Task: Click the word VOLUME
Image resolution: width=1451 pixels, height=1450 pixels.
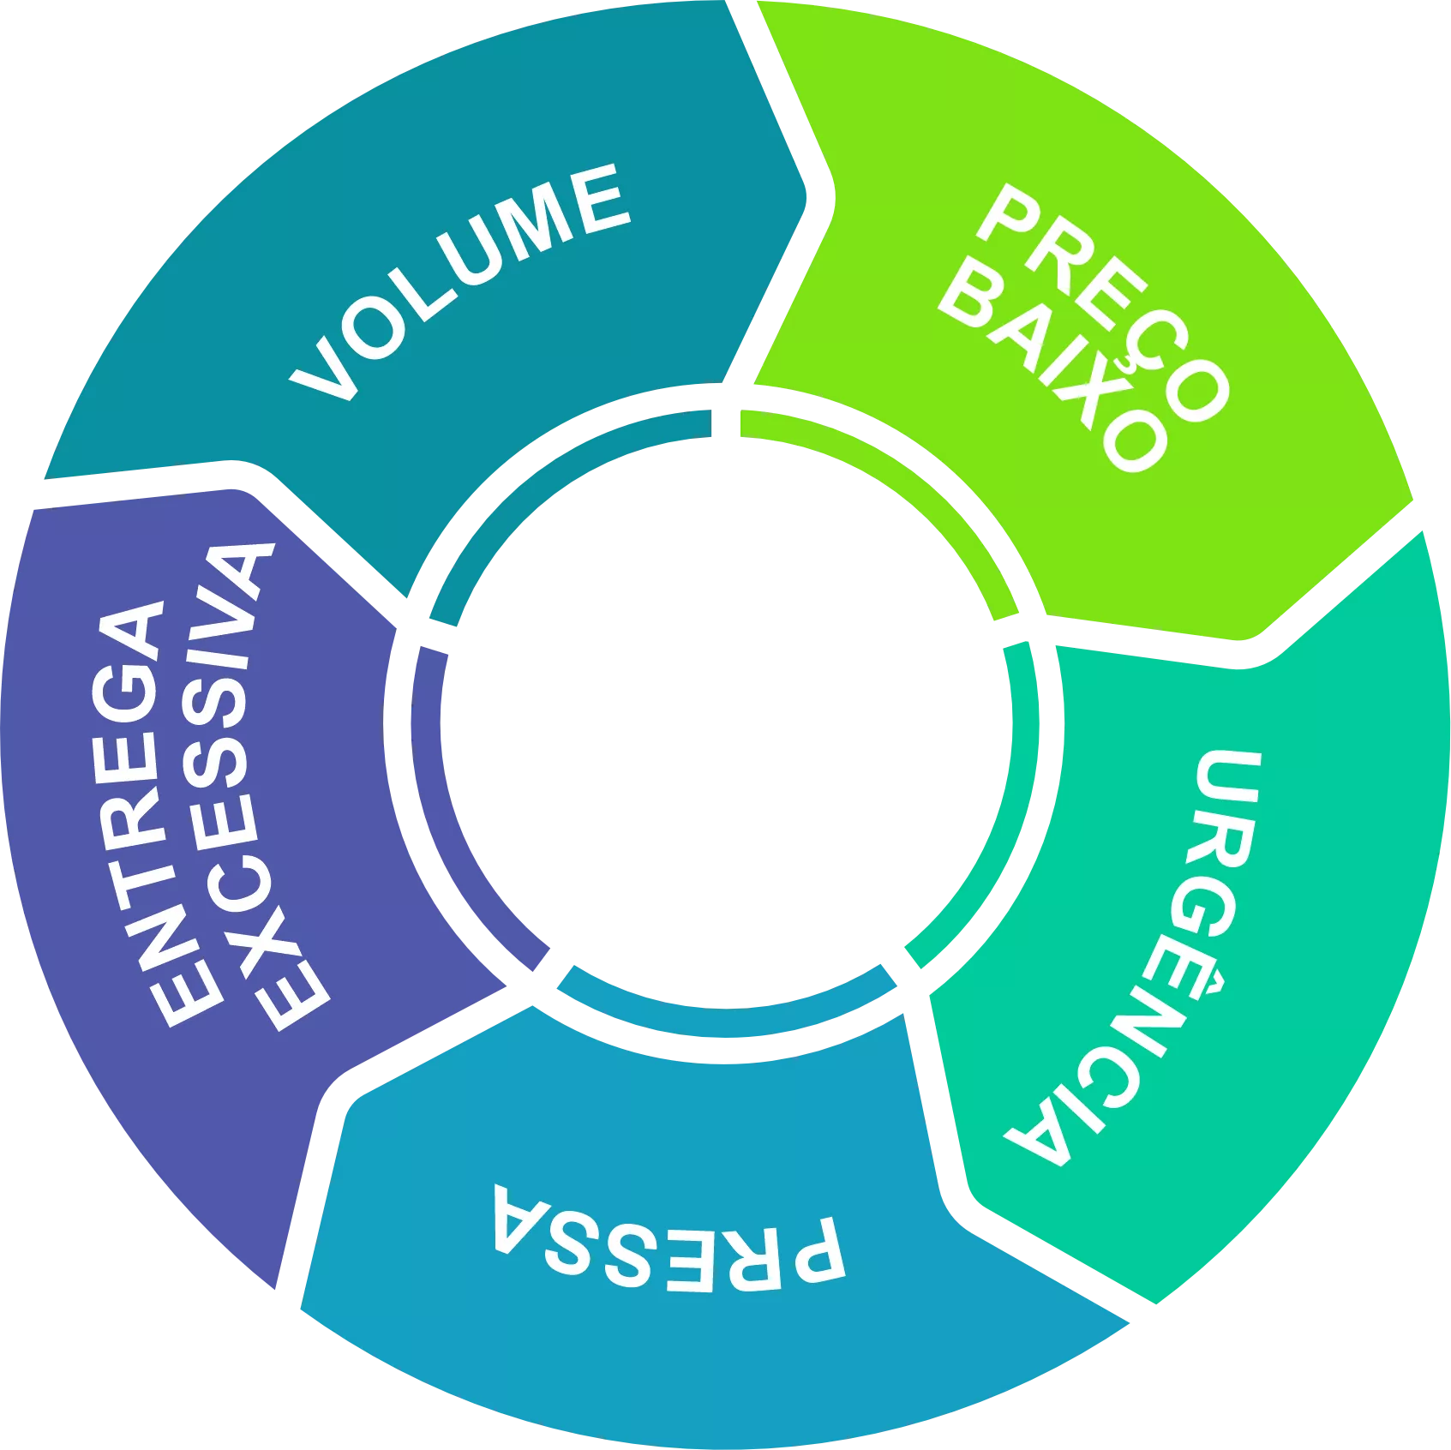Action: pyautogui.click(x=459, y=283)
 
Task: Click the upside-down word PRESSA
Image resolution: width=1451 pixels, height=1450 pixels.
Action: pyautogui.click(x=669, y=1243)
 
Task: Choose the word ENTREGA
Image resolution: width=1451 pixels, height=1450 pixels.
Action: pyautogui.click(x=146, y=814)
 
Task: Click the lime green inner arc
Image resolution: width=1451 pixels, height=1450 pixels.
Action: pyautogui.click(x=908, y=480)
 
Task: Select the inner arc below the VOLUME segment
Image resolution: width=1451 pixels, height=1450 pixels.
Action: pyautogui.click(x=549, y=480)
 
